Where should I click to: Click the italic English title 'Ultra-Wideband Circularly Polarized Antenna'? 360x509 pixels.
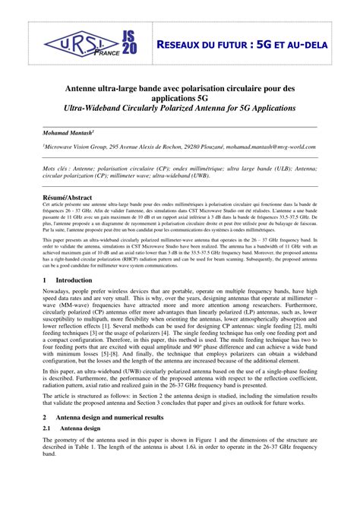(179, 109)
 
